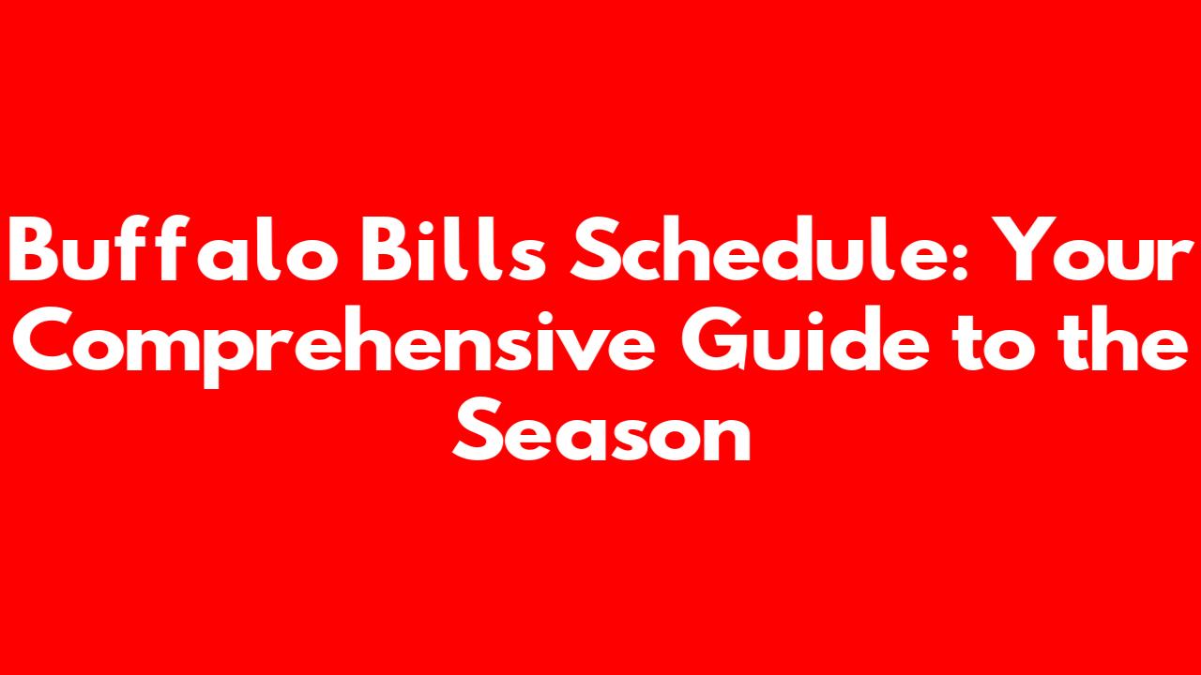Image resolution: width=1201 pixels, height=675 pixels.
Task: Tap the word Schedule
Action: point(762,248)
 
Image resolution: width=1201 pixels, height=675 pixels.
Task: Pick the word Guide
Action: point(805,338)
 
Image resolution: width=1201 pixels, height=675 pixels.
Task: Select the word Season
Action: point(601,429)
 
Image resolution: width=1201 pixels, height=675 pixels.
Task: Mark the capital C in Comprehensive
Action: point(42,338)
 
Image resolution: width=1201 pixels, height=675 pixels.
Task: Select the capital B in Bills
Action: point(388,249)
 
